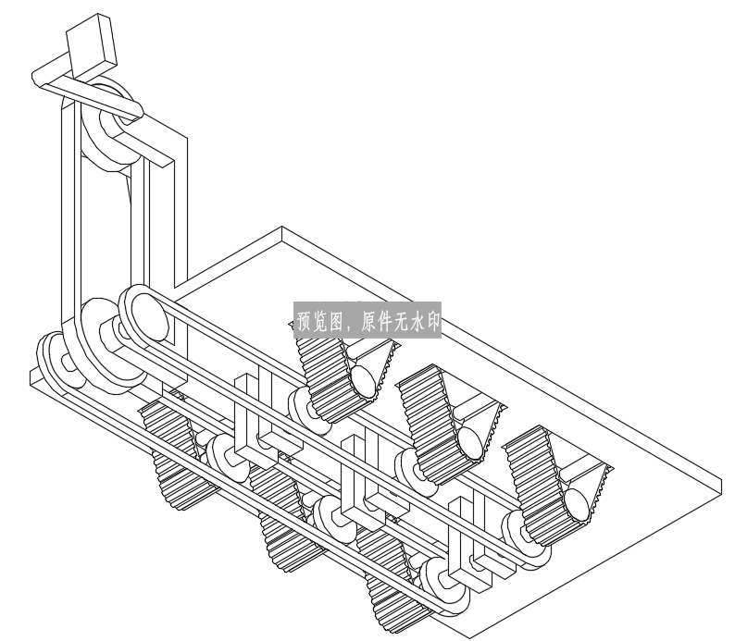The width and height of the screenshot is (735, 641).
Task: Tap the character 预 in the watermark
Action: pyautogui.click(x=306, y=320)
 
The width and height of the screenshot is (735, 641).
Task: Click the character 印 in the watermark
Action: pyautogui.click(x=430, y=320)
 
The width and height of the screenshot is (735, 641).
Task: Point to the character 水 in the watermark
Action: pyautogui.click(x=415, y=320)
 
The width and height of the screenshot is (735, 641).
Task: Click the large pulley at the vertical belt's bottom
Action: pyautogui.click(x=113, y=347)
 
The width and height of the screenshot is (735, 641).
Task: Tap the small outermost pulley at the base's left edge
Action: pyautogui.click(x=61, y=361)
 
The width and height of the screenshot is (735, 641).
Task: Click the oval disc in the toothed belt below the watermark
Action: pyautogui.click(x=363, y=380)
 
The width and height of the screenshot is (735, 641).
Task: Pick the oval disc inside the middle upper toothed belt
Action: pyautogui.click(x=469, y=443)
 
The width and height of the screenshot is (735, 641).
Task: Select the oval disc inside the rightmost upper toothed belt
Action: pyautogui.click(x=576, y=505)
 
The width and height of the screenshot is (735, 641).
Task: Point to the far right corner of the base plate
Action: pyautogui.click(x=722, y=479)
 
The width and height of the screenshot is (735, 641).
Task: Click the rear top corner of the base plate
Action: pyautogui.click(x=281, y=228)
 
